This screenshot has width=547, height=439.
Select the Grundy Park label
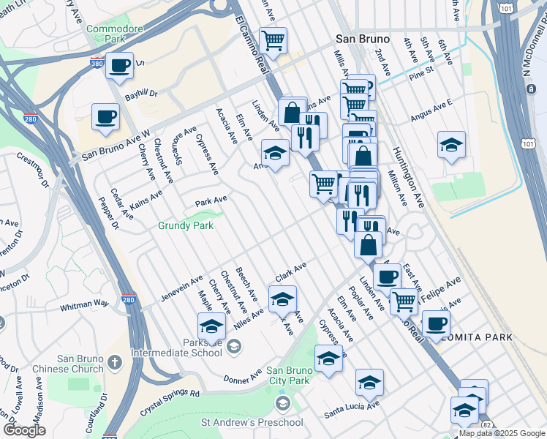point(186,225)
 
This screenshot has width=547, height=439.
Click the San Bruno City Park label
point(288,376)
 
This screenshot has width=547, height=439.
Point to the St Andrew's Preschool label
point(252,422)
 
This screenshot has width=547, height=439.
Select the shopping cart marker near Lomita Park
point(404,299)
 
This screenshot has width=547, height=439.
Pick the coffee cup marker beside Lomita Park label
point(437,323)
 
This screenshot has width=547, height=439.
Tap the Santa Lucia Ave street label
point(352,410)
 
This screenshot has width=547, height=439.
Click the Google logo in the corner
point(24,429)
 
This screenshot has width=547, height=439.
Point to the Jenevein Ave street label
point(182,288)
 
